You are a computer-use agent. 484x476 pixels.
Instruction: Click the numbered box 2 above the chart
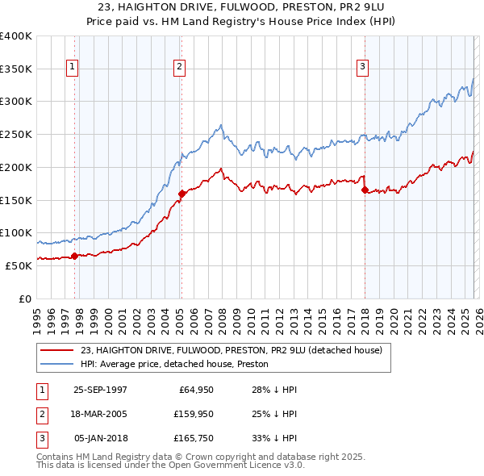pyautogui.click(x=179, y=67)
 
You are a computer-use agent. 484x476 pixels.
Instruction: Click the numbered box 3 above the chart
pyautogui.click(x=363, y=67)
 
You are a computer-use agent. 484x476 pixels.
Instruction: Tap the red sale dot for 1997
pyautogui.click(x=75, y=256)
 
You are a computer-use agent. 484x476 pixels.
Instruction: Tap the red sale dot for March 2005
pyautogui.click(x=181, y=194)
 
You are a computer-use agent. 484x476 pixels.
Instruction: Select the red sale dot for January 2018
pyautogui.click(x=365, y=190)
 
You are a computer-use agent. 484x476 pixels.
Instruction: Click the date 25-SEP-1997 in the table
pyautogui.click(x=100, y=390)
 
